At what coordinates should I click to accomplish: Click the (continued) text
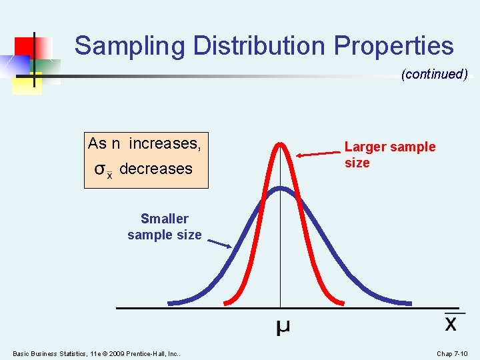click(x=434, y=74)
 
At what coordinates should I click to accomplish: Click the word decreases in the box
click(x=155, y=169)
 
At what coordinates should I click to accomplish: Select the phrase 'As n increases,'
click(x=145, y=143)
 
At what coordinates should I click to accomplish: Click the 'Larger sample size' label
click(x=389, y=155)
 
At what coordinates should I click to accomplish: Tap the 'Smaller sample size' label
click(x=164, y=227)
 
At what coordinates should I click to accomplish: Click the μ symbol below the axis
click(x=283, y=327)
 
